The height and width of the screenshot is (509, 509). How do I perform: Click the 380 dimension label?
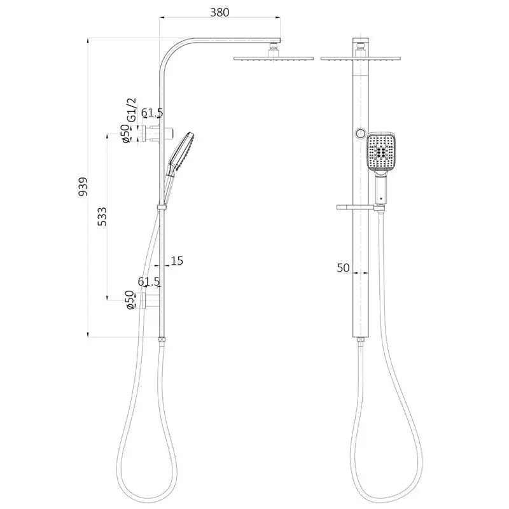coord(220,12)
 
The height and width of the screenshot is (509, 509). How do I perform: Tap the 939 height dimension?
coord(83,186)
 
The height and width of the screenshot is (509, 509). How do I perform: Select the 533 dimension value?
coord(102,216)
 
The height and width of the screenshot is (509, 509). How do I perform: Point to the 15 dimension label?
coord(177,260)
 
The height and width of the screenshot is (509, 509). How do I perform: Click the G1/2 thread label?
coord(132,110)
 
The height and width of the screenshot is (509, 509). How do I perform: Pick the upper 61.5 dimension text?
coord(152,113)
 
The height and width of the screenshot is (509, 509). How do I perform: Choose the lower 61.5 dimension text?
coord(149,281)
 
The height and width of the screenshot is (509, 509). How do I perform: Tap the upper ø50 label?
coord(125,134)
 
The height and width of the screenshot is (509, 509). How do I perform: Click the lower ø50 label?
coord(130,300)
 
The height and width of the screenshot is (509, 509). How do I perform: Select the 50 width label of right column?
coord(343,268)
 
